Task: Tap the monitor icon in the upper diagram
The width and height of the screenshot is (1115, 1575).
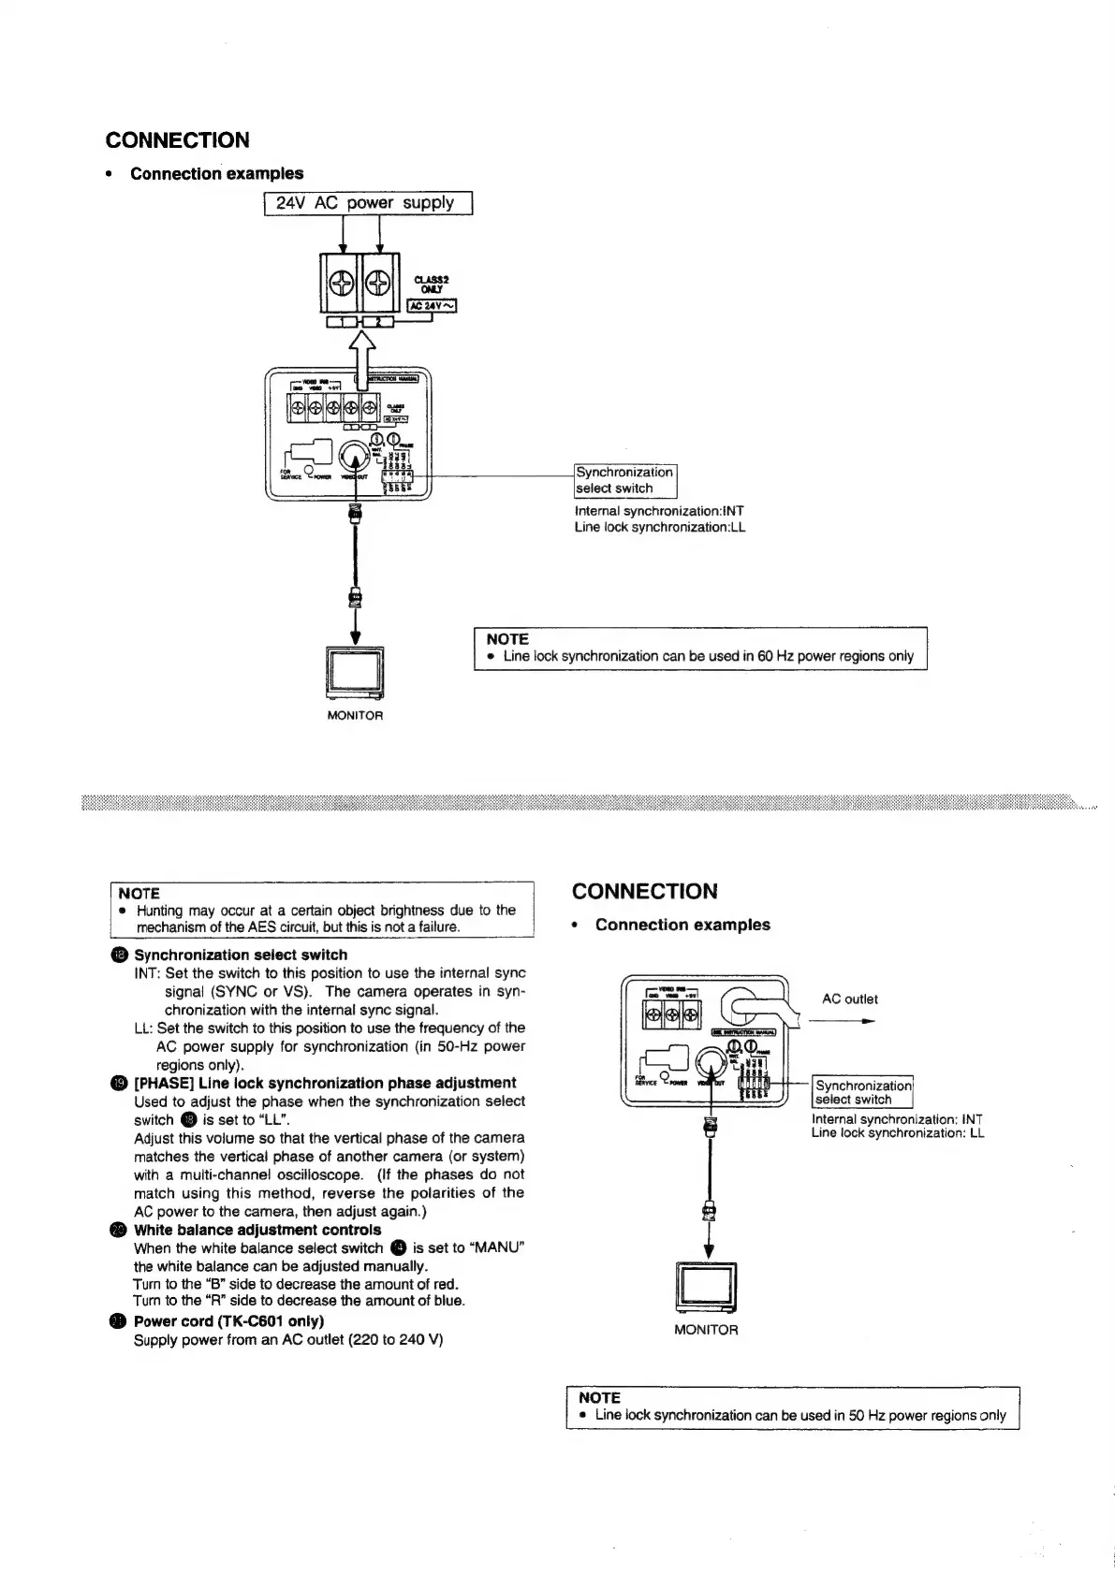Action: click(x=355, y=673)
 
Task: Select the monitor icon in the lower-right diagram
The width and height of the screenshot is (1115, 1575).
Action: click(x=707, y=1290)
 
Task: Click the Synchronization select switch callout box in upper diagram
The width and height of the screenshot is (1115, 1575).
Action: click(x=624, y=480)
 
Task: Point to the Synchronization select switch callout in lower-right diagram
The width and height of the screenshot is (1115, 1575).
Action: click(x=862, y=1092)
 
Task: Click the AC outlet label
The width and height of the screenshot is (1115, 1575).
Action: click(x=849, y=999)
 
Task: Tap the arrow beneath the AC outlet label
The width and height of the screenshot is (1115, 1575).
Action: click(x=842, y=1022)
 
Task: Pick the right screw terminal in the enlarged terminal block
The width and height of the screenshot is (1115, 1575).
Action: click(x=379, y=282)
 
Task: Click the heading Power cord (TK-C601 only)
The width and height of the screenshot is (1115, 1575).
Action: click(x=228, y=1321)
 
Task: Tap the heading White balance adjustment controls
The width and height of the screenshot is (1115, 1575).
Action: click(x=257, y=1230)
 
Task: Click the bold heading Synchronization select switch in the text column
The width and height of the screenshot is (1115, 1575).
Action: click(x=241, y=955)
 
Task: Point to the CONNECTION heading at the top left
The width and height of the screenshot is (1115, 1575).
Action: click(x=178, y=140)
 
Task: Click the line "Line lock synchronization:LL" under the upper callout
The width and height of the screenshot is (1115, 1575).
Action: click(x=659, y=527)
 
